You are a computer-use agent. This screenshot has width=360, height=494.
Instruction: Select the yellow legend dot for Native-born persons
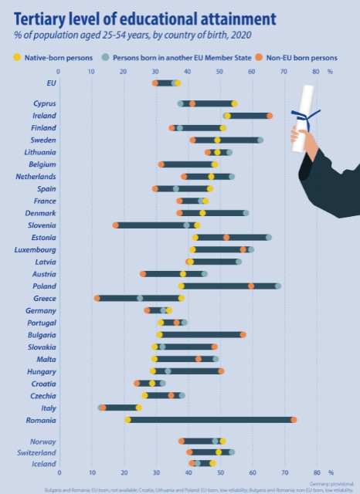pyautogui.click(x=17, y=57)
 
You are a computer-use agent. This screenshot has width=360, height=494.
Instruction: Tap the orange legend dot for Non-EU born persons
pyautogui.click(x=260, y=57)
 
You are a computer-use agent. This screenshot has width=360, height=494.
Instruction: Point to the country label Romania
pyautogui.click(x=40, y=420)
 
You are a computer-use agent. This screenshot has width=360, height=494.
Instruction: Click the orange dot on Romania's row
pyautogui.click(x=293, y=420)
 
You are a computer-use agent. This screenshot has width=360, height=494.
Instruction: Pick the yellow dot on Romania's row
pyautogui.click(x=127, y=420)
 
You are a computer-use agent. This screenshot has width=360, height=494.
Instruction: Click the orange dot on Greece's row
pyautogui.click(x=97, y=298)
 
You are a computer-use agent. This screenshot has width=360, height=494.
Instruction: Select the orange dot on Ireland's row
pyautogui.click(x=270, y=115)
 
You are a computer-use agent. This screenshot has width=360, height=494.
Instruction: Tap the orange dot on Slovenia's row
pyautogui.click(x=116, y=225)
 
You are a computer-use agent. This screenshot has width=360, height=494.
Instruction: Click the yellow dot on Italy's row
pyautogui.click(x=138, y=408)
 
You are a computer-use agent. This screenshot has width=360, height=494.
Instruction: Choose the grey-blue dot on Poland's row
pyautogui.click(x=278, y=286)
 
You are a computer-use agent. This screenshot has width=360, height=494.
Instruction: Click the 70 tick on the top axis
pyautogui.click(x=283, y=72)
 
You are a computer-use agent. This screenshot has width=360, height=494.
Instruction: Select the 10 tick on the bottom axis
pyautogui.click(x=91, y=472)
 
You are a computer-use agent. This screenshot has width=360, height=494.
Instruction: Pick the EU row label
pyautogui.click(x=51, y=83)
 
